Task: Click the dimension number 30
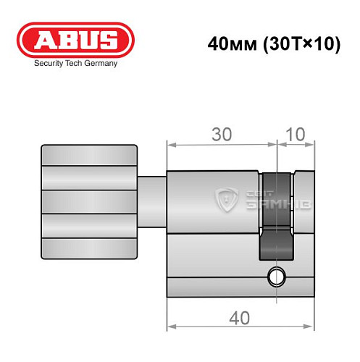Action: point(222,134)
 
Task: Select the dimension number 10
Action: point(296,134)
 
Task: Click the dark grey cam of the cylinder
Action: point(276,217)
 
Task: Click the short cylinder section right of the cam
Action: point(304,217)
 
